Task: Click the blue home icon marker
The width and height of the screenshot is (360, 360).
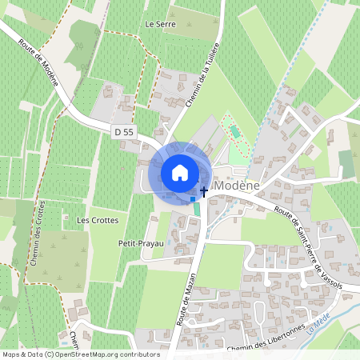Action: pos(180,172)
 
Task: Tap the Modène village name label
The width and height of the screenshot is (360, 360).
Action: pos(238,185)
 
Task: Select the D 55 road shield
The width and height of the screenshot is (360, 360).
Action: pos(122,131)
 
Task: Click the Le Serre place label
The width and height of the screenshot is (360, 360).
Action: pos(159,25)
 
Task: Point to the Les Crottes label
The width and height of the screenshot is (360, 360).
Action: pos(97,219)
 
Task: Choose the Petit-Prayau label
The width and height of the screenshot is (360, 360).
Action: pos(140,242)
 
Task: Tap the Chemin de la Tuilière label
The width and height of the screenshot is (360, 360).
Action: pos(197,88)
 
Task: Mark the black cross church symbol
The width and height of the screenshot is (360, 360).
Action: pos(204,190)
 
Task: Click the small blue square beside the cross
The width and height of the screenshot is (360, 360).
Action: pos(192,198)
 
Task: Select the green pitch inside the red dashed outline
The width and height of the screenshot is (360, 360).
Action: pos(234,130)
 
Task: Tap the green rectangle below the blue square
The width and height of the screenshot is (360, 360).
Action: pos(198,209)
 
